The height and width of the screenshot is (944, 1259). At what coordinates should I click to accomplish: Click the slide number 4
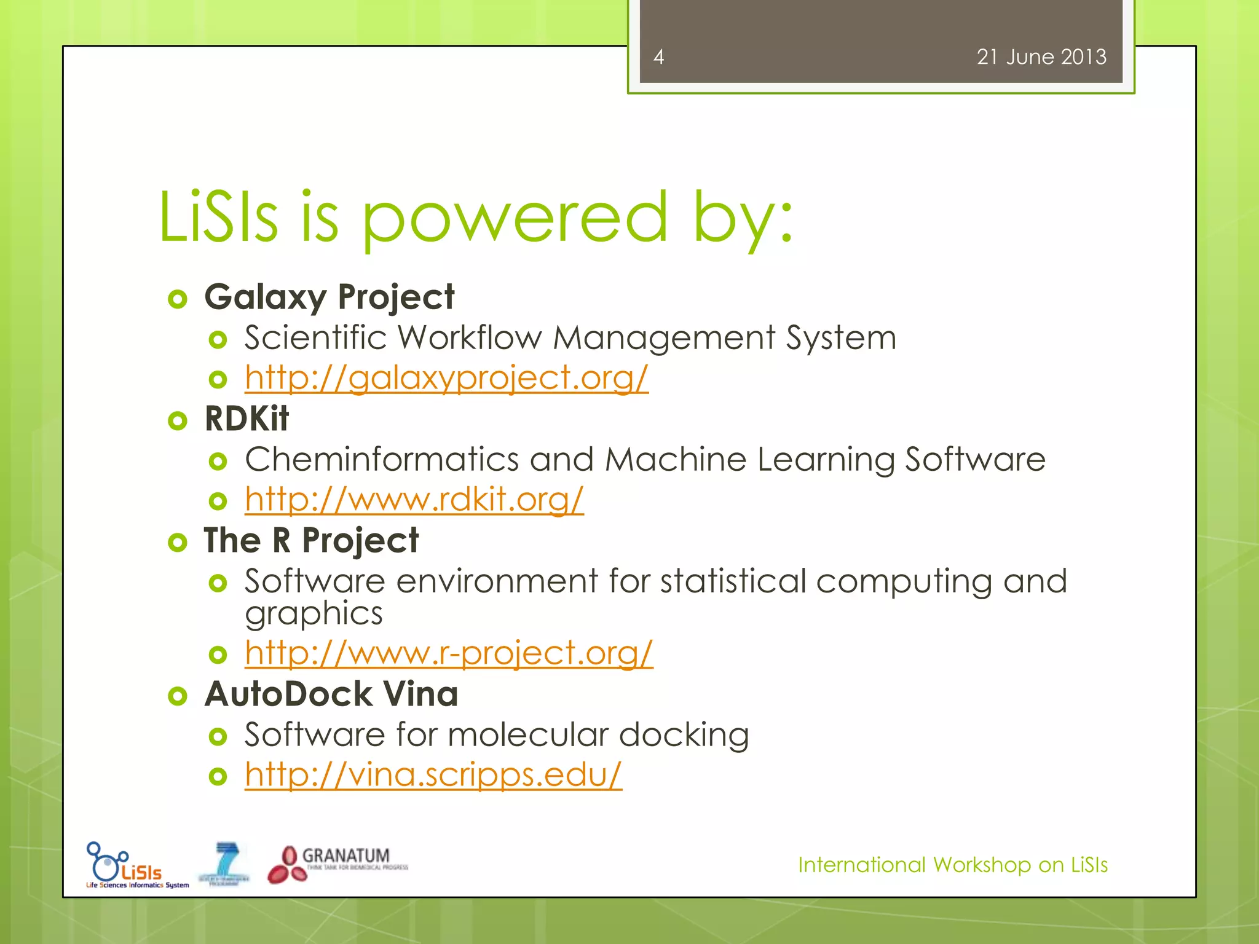coord(658,57)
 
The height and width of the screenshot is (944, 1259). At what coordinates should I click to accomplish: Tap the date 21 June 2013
coord(1041,57)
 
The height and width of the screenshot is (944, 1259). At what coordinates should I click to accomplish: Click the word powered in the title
coord(514,218)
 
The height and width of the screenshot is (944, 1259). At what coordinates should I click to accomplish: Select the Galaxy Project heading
coord(329,297)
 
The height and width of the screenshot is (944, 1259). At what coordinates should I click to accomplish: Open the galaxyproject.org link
coord(446,377)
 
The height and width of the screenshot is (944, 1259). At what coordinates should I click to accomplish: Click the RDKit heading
coord(247,419)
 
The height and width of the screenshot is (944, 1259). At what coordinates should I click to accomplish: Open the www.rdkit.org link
coord(414,499)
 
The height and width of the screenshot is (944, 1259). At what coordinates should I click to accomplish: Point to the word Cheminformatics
coord(382,459)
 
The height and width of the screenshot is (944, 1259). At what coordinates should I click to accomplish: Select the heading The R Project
coord(311,541)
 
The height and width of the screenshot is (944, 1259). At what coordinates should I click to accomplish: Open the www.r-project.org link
coord(448,653)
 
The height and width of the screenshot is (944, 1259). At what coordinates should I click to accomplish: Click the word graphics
coord(314,614)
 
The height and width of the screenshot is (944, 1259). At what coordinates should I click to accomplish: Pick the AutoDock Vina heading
coord(331,694)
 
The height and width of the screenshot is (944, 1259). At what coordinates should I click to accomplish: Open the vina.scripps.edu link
coord(433,774)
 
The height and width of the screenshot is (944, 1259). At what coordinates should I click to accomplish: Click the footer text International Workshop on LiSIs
coord(952,865)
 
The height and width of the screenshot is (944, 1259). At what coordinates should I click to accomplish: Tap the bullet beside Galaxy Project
coord(177,299)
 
